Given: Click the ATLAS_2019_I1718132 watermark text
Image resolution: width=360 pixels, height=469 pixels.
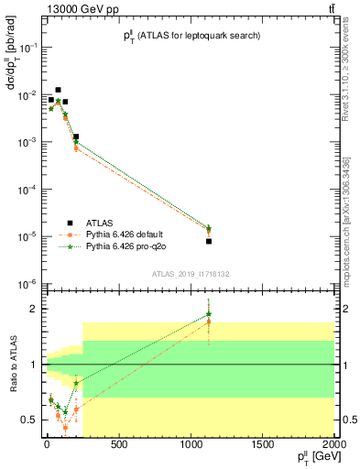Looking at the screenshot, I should pyautogui.click(x=191, y=274).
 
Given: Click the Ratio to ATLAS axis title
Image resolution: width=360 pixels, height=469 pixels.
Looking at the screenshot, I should pyautogui.click(x=13, y=364).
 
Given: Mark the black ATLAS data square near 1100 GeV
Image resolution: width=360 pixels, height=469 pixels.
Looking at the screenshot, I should pyautogui.click(x=209, y=241).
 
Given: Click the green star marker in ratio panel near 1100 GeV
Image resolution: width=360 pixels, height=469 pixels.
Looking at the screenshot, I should pyautogui.click(x=209, y=315).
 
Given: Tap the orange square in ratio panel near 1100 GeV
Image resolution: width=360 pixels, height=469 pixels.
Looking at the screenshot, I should pyautogui.click(x=209, y=322).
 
